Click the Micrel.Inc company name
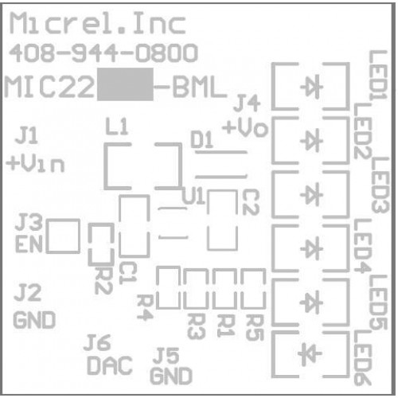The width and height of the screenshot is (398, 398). (98, 23)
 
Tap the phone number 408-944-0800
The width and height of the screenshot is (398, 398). (103, 53)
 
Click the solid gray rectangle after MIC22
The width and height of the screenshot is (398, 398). (125, 84)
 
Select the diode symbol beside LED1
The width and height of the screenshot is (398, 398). (311, 87)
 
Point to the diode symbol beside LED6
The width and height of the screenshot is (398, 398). (310, 353)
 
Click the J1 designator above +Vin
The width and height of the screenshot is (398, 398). (26, 135)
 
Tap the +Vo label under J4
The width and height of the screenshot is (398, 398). (245, 127)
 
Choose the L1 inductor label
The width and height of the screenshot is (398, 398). (117, 126)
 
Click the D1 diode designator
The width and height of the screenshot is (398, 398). (202, 139)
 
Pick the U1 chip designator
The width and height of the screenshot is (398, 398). (193, 196)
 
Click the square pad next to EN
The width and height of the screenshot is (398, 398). (63, 236)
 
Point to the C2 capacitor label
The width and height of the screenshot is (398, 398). (251, 202)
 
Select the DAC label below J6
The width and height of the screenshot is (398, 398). (110, 365)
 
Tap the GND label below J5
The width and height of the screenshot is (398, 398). (171, 376)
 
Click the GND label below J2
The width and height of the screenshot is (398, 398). (34, 320)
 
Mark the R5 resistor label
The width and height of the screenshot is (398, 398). (255, 327)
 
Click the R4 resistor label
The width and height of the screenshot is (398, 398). (145, 308)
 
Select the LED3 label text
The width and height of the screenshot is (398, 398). (380, 185)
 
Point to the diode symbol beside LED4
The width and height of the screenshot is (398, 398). (311, 248)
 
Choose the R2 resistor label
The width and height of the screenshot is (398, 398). (103, 280)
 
